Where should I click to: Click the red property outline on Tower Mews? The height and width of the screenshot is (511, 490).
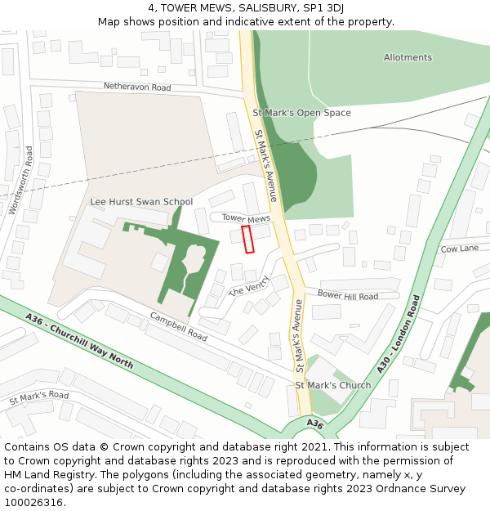[x=248, y=239]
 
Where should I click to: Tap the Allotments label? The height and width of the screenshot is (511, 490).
[x=408, y=57]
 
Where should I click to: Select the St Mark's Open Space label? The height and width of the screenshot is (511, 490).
[x=301, y=113]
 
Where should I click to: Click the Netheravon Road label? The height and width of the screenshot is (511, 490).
[x=136, y=87]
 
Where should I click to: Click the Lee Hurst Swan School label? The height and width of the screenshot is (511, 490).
[x=141, y=202]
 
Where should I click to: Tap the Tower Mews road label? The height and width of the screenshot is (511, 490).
[x=246, y=218]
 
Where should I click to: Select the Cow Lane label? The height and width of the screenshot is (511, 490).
[x=459, y=249]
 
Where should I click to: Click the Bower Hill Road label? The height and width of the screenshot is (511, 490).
[x=347, y=295]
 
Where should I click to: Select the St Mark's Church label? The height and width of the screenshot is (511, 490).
[x=332, y=385]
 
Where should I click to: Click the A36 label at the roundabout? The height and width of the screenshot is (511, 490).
[x=316, y=423]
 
